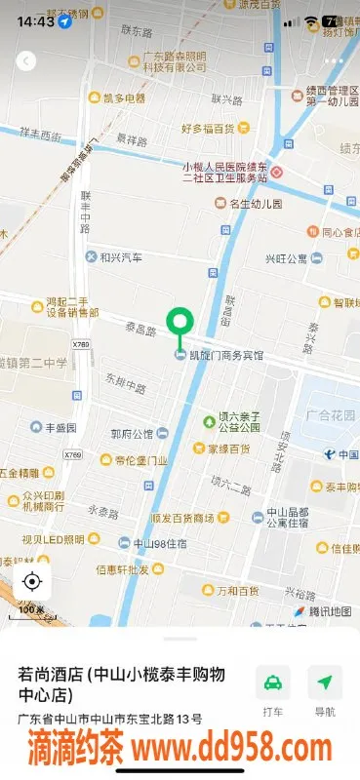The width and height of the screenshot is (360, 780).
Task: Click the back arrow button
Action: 26,60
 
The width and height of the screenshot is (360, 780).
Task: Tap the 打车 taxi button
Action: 273,688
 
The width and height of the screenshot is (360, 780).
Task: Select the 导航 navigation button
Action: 325,688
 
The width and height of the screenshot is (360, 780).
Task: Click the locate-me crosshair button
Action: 31,582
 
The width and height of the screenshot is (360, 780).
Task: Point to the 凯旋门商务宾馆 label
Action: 225,355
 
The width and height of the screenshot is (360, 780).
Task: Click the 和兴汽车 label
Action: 120,257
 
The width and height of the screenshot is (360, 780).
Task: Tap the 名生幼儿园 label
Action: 255,204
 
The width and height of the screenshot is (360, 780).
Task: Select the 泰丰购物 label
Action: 335,486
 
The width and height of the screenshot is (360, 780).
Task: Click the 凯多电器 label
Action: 124,97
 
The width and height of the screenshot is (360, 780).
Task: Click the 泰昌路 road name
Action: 140,331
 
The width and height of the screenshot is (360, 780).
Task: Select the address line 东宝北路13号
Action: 110,720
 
